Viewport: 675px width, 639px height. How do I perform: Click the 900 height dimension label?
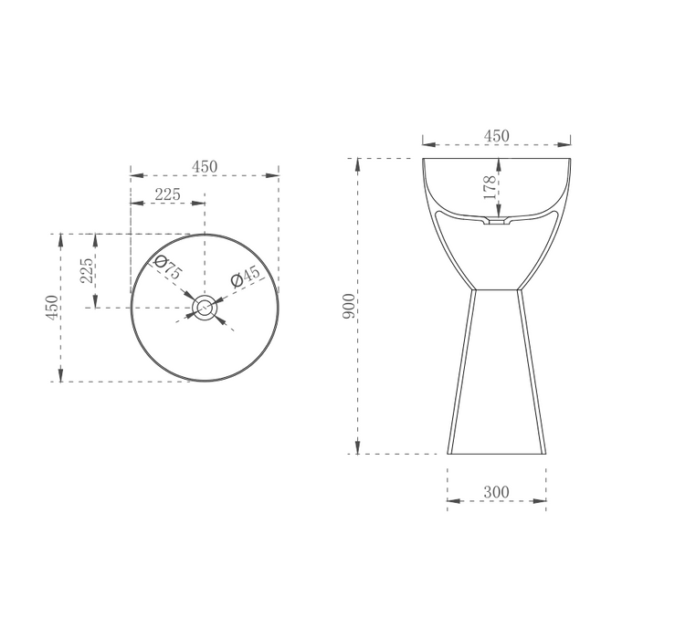click(x=349, y=306)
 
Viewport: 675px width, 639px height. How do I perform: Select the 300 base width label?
click(x=496, y=492)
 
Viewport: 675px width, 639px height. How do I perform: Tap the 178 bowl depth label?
click(x=490, y=188)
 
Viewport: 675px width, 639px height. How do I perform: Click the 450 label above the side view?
click(x=496, y=136)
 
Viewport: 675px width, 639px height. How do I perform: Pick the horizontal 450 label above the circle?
click(x=204, y=166)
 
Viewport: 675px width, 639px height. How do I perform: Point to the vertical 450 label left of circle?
click(x=52, y=307)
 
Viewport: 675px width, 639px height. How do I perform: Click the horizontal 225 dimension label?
click(x=167, y=194)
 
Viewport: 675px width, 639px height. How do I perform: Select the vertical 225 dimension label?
click(x=87, y=271)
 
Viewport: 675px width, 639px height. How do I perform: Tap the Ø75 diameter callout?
click(x=169, y=269)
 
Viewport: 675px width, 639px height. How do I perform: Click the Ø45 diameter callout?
click(x=246, y=275)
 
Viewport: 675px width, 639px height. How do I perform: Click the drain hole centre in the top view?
click(x=205, y=308)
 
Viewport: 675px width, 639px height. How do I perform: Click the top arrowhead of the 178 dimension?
click(x=501, y=162)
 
